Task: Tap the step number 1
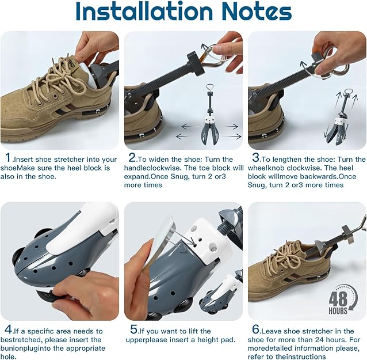coord(8,158)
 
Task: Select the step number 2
coord(132,158)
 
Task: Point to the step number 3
coord(256,158)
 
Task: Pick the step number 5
coord(133,330)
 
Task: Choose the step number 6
coord(257,330)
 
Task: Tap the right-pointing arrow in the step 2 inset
coord(232,126)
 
